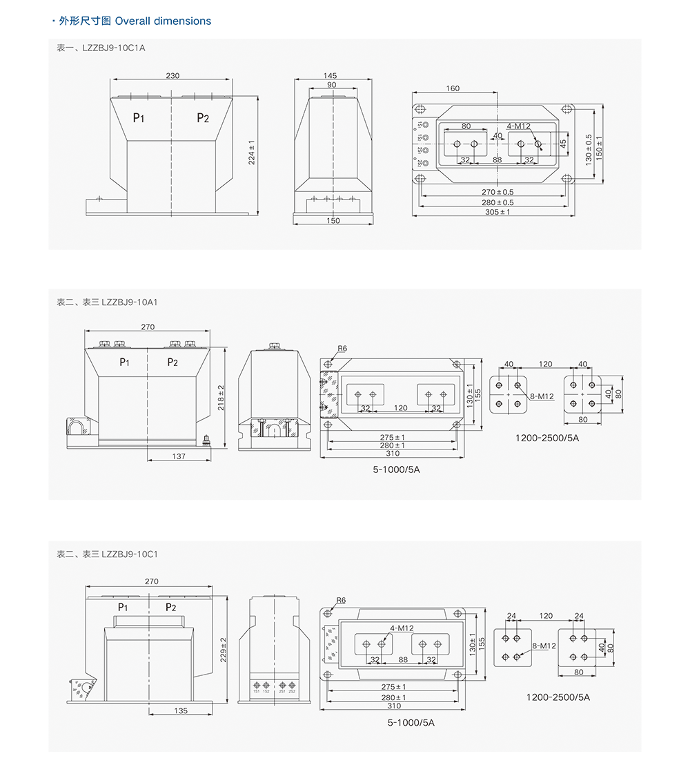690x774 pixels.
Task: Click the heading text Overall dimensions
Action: tap(163, 21)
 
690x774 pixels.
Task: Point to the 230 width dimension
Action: tap(172, 76)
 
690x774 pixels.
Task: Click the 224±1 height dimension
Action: tap(251, 153)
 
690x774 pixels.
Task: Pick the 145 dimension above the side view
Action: tap(330, 75)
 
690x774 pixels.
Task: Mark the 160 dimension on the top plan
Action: tap(453, 88)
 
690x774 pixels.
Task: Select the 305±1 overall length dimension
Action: tap(498, 212)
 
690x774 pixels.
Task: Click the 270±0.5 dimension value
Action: tap(497, 192)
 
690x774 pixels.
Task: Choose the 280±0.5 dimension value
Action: tap(497, 202)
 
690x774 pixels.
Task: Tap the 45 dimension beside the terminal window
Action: tap(563, 144)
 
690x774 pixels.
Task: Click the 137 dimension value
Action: tap(179, 456)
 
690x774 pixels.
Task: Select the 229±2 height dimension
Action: tap(223, 648)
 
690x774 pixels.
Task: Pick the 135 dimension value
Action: tap(181, 710)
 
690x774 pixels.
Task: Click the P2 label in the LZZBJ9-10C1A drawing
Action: tap(203, 118)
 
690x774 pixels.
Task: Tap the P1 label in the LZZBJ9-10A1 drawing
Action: tap(125, 362)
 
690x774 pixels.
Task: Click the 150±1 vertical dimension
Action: tap(599, 146)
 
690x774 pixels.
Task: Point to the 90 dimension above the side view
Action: tap(332, 84)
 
